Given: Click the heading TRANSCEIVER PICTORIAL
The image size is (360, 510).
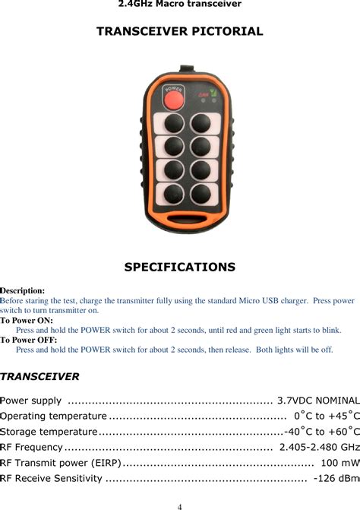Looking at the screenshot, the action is [179, 32].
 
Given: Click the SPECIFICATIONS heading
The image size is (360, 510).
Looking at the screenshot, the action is [179, 268].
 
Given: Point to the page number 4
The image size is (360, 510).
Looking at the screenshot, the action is [179, 505].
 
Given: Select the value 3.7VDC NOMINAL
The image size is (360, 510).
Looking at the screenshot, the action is [318, 401].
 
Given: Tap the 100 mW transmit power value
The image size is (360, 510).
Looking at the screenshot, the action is [339, 463].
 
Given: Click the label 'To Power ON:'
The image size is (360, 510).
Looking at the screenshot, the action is [27, 321].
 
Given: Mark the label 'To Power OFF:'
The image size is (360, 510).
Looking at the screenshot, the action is [28, 340].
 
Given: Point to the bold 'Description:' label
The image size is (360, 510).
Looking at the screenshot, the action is [23, 291].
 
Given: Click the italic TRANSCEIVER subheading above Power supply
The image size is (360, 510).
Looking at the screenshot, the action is [39, 377].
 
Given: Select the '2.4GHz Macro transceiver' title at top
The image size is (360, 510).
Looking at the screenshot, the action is [179, 5].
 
